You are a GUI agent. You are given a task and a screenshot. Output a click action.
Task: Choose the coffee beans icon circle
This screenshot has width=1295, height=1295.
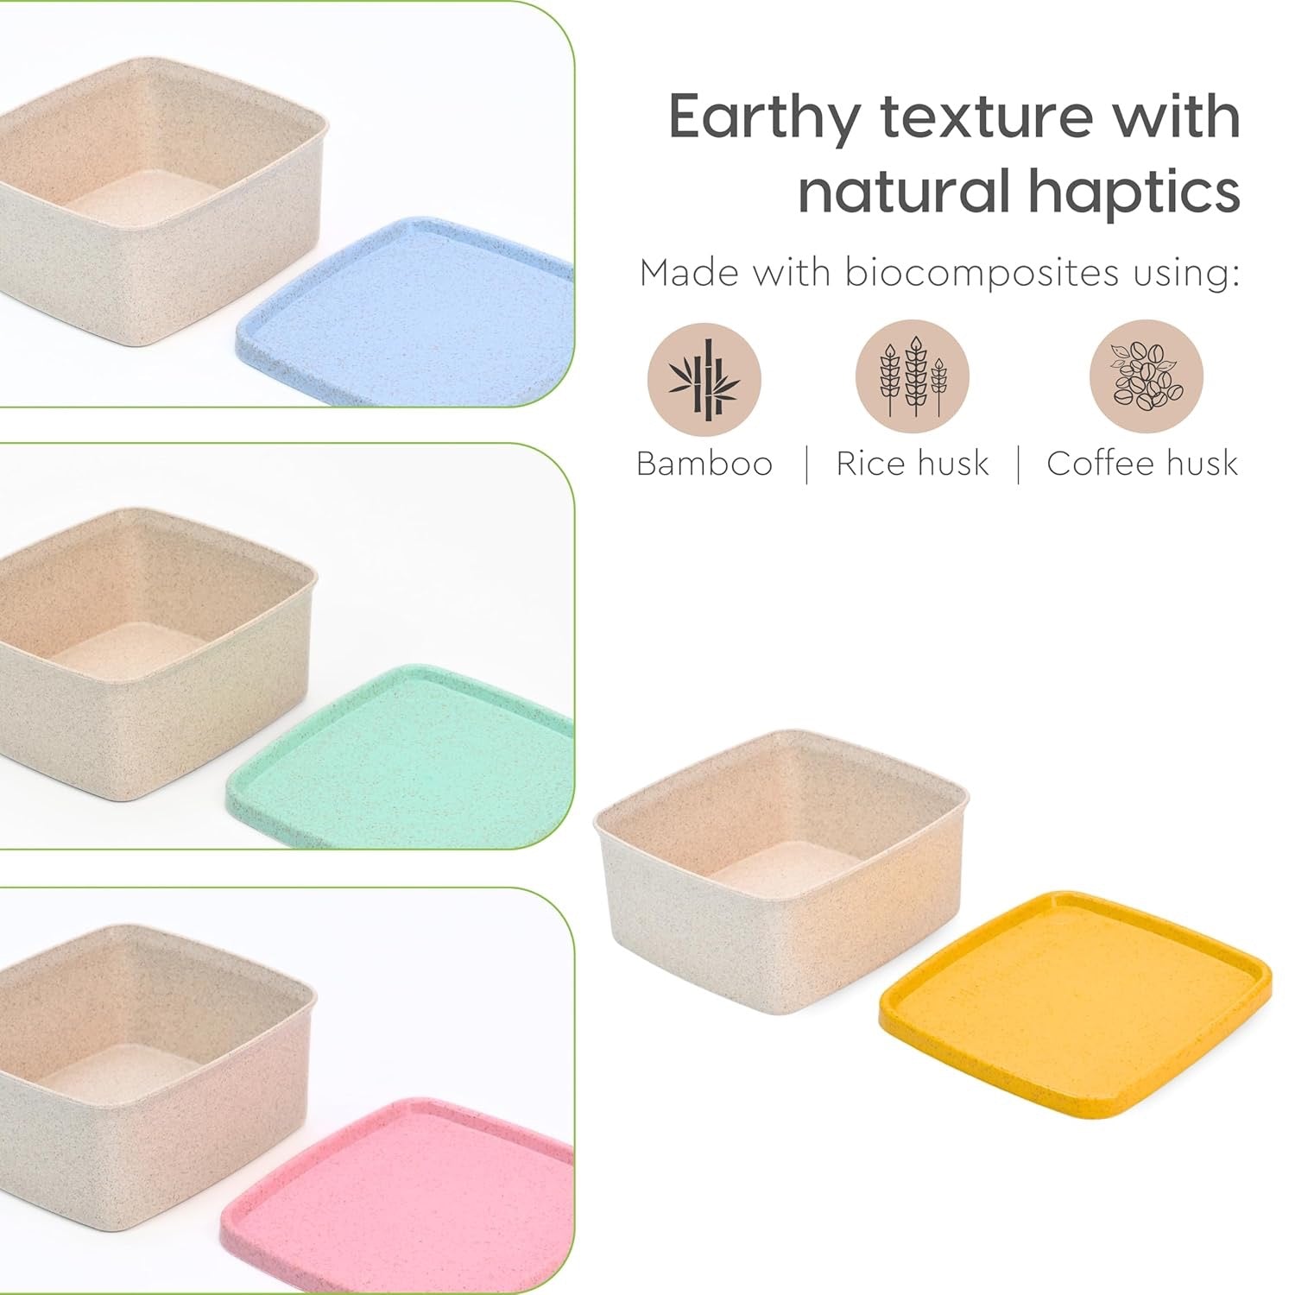tap(1147, 375)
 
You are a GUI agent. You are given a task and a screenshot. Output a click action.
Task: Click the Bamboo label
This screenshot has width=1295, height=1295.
tap(704, 464)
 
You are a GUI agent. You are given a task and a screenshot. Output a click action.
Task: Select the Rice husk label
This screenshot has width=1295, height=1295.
tap(913, 464)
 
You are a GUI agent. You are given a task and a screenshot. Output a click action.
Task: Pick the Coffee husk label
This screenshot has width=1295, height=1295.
tap(1142, 464)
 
